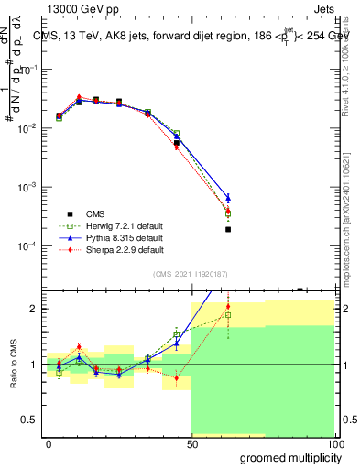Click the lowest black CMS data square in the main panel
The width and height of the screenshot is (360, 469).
coord(228,230)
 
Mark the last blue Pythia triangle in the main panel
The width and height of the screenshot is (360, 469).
coord(228,198)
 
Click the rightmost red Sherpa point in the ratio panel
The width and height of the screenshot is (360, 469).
coord(228,307)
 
